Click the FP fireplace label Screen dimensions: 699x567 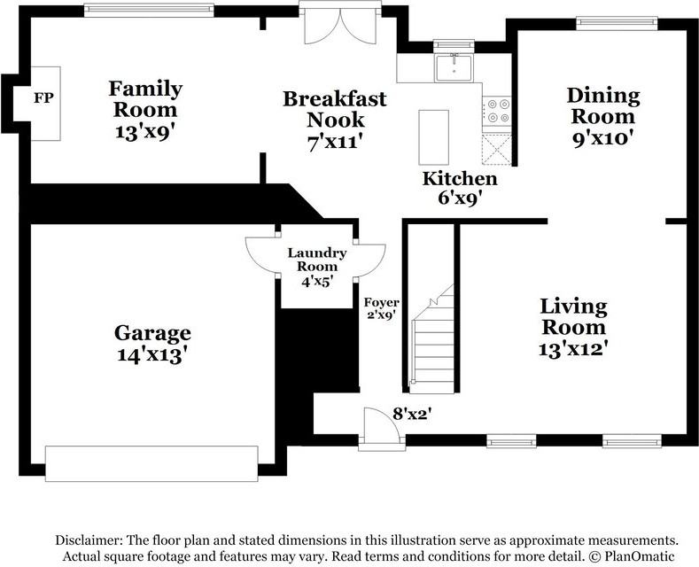(x=43, y=97)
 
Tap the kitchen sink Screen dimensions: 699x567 (x=454, y=67)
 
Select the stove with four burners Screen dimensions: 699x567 (x=497, y=111)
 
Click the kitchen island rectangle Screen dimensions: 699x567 (x=433, y=137)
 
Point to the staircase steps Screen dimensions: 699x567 (x=432, y=338)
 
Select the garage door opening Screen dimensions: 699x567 (x=151, y=463)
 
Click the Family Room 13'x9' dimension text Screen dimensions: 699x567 (x=144, y=132)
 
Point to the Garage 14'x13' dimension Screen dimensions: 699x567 (x=151, y=355)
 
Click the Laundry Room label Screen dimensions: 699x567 (x=317, y=260)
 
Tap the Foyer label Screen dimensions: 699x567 (x=382, y=303)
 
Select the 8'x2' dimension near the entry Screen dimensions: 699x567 (x=412, y=414)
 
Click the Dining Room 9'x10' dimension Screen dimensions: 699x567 (x=603, y=138)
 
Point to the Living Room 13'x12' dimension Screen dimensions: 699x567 (x=573, y=349)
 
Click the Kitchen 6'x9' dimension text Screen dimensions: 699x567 (x=460, y=198)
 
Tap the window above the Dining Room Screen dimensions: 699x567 (x=617, y=23)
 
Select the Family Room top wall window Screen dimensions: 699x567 (x=149, y=11)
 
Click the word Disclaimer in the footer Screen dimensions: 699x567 (x=89, y=540)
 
